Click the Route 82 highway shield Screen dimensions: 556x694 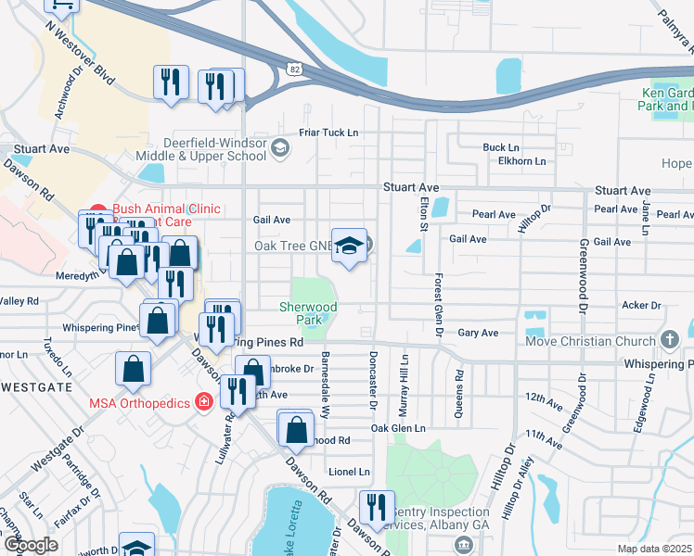pos(293,69)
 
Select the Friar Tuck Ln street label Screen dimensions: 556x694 pos(328,133)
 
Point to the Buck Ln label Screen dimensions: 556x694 pos(500,147)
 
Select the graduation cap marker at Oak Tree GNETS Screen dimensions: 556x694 pos(350,245)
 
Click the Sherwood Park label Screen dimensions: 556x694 pos(309,313)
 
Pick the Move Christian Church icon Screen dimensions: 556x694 pos(670,341)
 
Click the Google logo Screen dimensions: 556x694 pos(30,545)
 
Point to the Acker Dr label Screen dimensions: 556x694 pos(640,305)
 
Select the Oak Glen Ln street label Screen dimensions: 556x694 pos(397,428)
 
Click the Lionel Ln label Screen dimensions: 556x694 pos(348,472)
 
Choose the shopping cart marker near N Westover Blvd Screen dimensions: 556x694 pos(61,5)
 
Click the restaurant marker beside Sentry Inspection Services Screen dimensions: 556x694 pos(377,506)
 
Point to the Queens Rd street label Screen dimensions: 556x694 pos(459,397)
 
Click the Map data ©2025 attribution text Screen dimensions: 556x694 pos(654,549)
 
